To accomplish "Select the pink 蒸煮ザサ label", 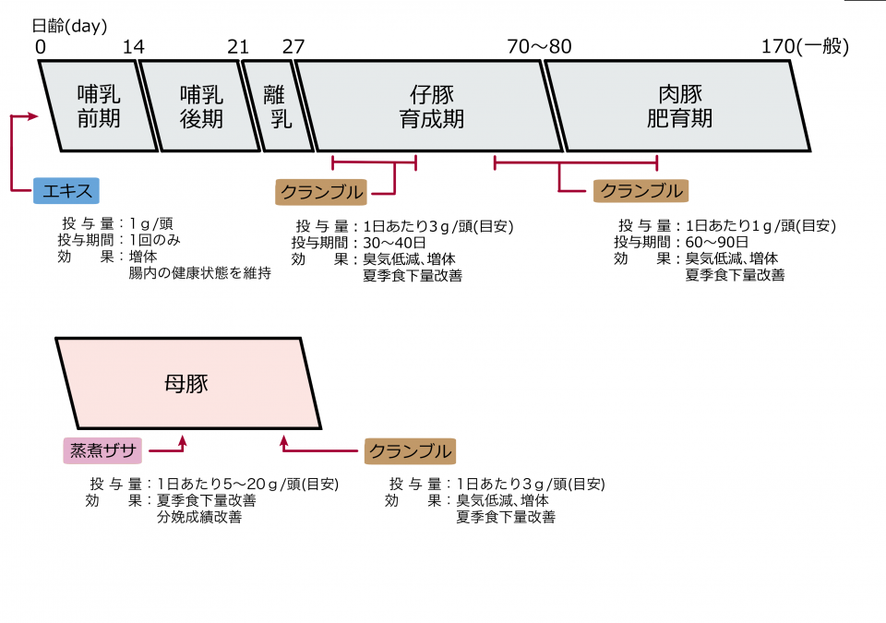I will click(x=102, y=450).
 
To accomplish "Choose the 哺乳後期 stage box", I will click(x=201, y=106).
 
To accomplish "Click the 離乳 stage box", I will click(x=276, y=106).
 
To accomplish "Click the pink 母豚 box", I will click(x=187, y=383).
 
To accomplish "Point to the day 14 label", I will click(x=133, y=47).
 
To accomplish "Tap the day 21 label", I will click(x=238, y=47).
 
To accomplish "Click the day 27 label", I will click(x=293, y=47).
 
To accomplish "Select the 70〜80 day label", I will click(x=539, y=47).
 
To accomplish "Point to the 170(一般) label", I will click(x=805, y=47).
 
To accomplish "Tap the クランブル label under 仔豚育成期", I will click(x=321, y=192).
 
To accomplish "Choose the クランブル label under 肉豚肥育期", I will click(x=641, y=191).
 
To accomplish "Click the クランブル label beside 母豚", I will click(x=411, y=451).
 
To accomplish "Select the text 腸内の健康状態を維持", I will click(x=200, y=274).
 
